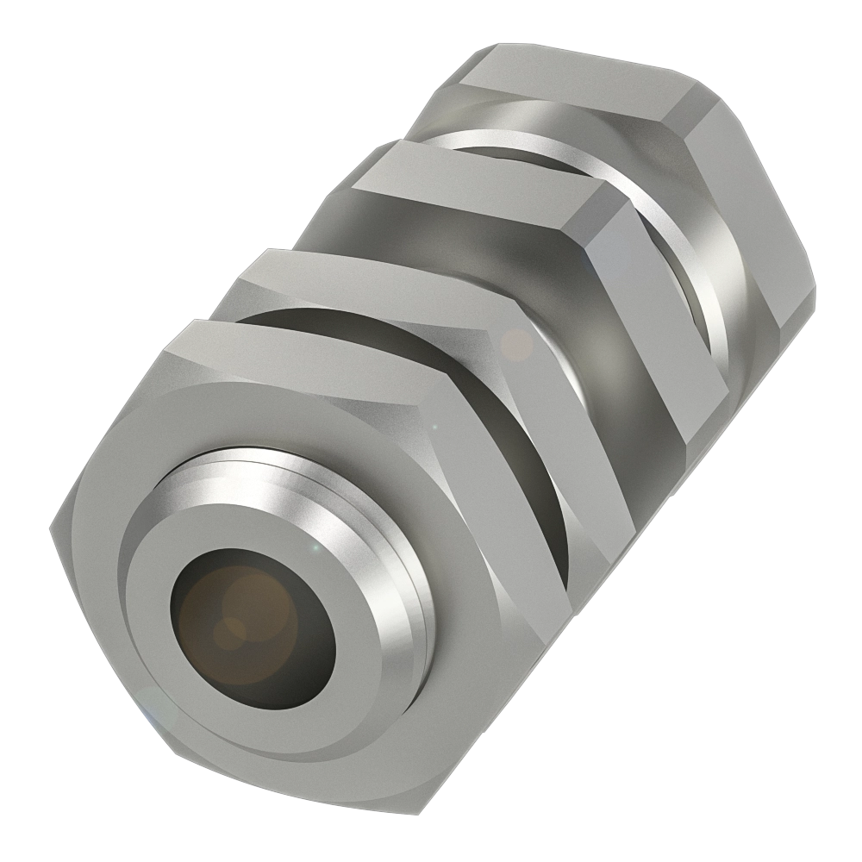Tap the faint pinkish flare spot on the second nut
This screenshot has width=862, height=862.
[x=517, y=345]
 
